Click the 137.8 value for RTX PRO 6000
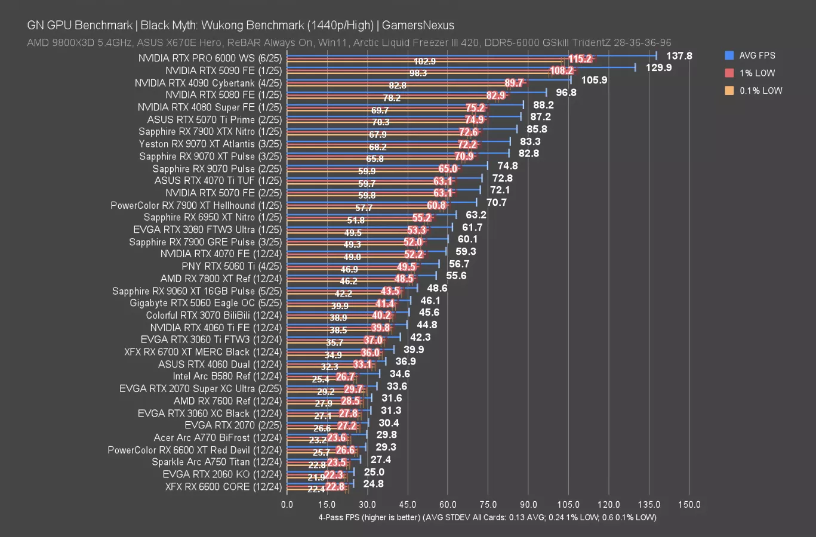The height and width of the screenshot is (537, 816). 679,55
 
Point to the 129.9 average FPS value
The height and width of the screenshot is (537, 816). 658,68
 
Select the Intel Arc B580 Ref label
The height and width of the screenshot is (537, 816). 227,376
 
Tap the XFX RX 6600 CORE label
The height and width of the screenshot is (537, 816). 223,487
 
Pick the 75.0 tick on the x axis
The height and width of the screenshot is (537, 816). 488,505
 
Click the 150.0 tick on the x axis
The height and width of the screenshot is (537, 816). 689,505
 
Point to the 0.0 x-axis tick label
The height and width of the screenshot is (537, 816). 287,505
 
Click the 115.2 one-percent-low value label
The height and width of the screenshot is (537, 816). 580,59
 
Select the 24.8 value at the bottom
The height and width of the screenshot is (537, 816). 373,484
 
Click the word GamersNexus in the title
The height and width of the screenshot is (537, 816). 418,26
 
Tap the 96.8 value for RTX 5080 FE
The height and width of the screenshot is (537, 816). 566,92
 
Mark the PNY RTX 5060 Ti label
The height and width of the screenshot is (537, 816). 232,266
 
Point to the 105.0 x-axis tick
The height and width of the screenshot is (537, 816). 569,505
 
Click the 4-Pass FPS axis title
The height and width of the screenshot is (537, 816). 487,517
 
